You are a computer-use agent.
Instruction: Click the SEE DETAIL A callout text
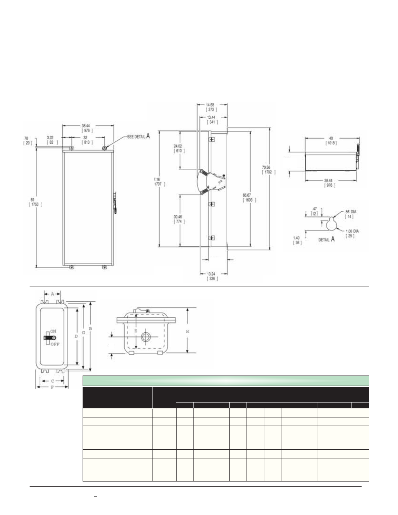[x=138, y=137]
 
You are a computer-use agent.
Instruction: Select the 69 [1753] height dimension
[x=35, y=202]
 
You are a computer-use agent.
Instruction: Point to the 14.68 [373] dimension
[x=212, y=107]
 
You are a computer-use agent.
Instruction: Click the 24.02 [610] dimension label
[x=179, y=148]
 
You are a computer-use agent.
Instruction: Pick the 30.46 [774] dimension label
[x=179, y=219]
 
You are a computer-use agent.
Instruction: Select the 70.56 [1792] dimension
[x=269, y=170]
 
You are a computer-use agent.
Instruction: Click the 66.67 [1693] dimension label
[x=249, y=197]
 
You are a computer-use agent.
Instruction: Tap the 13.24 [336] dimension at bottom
[x=212, y=276]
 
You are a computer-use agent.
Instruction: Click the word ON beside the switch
[x=53, y=331]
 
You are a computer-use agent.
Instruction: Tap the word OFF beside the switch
[x=55, y=344]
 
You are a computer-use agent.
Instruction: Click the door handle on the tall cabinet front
[x=115, y=203]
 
